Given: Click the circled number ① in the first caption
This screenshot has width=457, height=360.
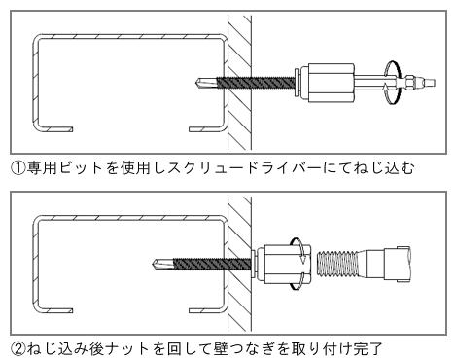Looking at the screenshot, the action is (16, 168).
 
